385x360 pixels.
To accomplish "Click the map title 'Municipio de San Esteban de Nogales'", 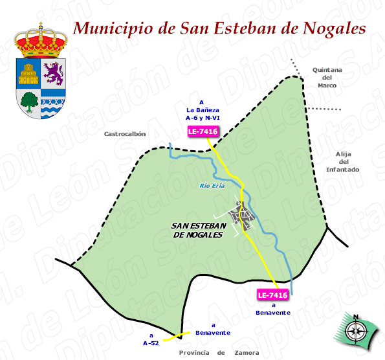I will click(x=219, y=28).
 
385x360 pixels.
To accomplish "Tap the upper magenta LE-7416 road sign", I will click(x=203, y=132).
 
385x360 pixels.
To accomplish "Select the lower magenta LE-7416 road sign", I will click(x=272, y=295).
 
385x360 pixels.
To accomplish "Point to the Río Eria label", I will click(x=212, y=186).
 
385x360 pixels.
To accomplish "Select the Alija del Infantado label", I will click(x=342, y=161).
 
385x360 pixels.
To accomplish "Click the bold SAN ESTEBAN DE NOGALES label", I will click(x=198, y=230).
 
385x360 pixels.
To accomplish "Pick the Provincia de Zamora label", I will click(x=219, y=353).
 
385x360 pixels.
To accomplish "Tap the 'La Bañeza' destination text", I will click(x=202, y=111).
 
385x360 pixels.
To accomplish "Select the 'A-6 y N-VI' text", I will click(x=202, y=118).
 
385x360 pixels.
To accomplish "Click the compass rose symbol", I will click(x=355, y=331).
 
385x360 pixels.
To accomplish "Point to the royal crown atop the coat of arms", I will click(x=41, y=41).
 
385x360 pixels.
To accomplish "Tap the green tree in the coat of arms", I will click(x=28, y=100).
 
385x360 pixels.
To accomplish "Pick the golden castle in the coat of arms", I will click(x=28, y=74).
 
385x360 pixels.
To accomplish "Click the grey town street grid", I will click(x=241, y=218).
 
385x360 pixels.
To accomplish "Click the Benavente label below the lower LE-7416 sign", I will click(x=273, y=313).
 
